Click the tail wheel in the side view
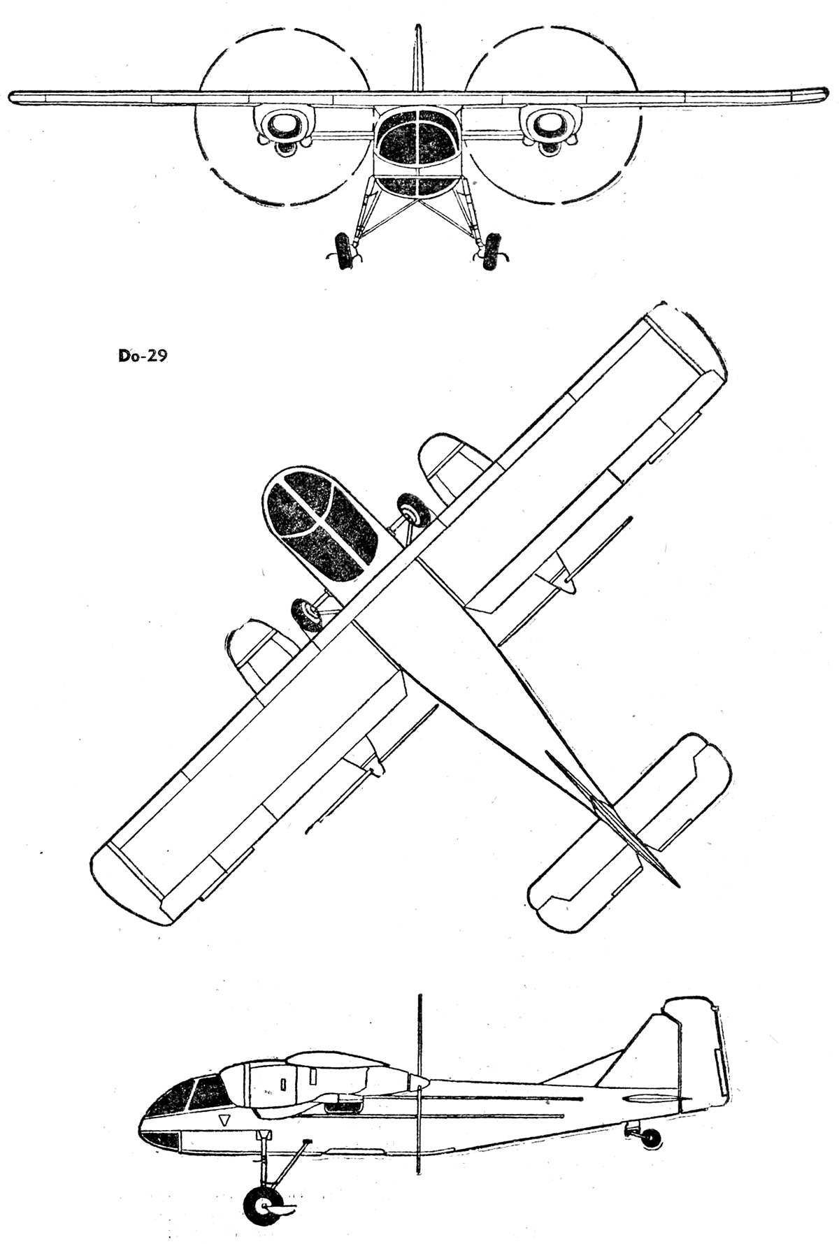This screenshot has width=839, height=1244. coord(652,1138)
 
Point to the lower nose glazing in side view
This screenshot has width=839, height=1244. coord(161,1141)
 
